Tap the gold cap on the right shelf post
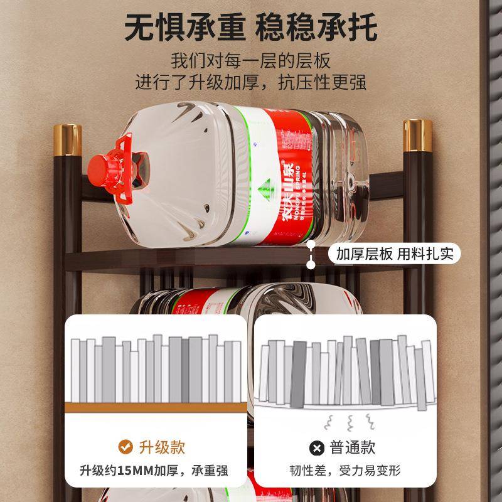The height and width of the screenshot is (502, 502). coord(417,135)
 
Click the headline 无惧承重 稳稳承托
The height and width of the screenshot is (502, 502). coord(251,29)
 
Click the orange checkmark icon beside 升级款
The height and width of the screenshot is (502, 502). coord(125,447)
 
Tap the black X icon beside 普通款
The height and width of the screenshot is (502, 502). coord(316,448)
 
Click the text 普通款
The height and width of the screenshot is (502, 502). coord(353,447)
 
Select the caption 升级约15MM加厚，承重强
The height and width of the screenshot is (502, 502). coord(154,470)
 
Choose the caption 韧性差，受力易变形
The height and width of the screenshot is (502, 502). coord(344,470)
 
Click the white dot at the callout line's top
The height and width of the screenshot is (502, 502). coord(310,247)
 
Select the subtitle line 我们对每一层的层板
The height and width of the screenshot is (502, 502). coord(251,61)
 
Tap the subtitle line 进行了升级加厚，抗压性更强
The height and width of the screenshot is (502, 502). coord(251,82)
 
